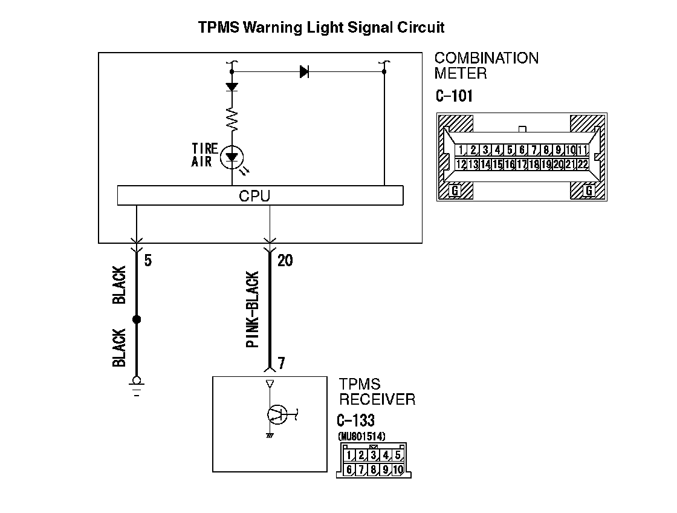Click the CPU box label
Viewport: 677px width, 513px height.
pos(254,196)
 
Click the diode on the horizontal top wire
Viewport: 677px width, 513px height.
pos(304,72)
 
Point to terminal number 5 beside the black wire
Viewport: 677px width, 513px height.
pos(148,261)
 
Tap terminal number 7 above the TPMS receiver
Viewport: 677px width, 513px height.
pos(281,364)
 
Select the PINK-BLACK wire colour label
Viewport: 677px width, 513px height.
pos(253,310)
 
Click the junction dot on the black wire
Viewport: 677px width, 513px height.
pos(136,319)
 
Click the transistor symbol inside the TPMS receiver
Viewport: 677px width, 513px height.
pos(276,414)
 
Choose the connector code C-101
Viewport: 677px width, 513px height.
pos(454,96)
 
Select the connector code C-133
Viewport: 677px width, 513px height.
pos(355,420)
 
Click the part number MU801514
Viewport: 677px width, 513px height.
pos(361,436)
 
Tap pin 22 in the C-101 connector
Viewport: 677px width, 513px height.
pos(583,164)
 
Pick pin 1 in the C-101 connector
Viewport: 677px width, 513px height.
pos(461,150)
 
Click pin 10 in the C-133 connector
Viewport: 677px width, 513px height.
pos(398,469)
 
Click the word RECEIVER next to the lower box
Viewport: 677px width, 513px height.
pos(377,399)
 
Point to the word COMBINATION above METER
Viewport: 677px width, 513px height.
pos(487,59)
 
